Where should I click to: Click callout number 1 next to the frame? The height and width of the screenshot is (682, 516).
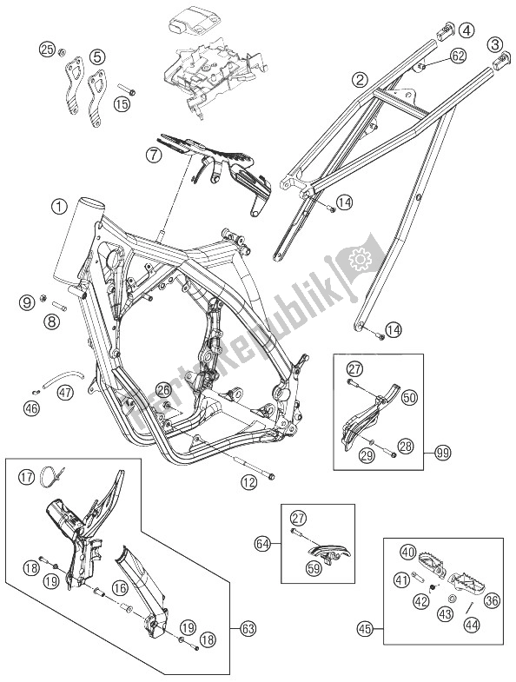pos(57,207)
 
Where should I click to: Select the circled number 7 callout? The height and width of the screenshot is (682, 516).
pos(153,156)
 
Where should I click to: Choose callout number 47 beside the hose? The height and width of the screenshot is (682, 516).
pos(66,393)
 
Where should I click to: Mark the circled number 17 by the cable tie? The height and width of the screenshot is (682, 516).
pos(26,475)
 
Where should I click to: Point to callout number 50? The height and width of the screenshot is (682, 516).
pos(409,397)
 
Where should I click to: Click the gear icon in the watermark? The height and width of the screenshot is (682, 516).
pos(357,258)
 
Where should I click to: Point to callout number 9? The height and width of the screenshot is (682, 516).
pos(27,301)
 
